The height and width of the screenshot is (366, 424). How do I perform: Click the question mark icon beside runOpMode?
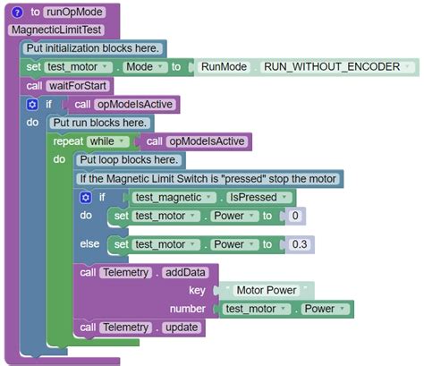click(x=17, y=12)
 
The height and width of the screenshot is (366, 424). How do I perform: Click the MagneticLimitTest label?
click(x=48, y=30)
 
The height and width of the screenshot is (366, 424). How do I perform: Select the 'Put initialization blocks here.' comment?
click(x=93, y=47)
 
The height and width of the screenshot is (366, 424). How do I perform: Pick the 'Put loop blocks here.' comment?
click(x=130, y=160)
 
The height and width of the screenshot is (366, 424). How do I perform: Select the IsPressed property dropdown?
click(x=258, y=197)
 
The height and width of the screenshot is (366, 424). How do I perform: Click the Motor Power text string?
click(x=268, y=290)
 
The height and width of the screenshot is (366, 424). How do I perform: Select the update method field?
click(x=181, y=328)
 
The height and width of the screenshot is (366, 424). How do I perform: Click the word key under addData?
click(x=197, y=290)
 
